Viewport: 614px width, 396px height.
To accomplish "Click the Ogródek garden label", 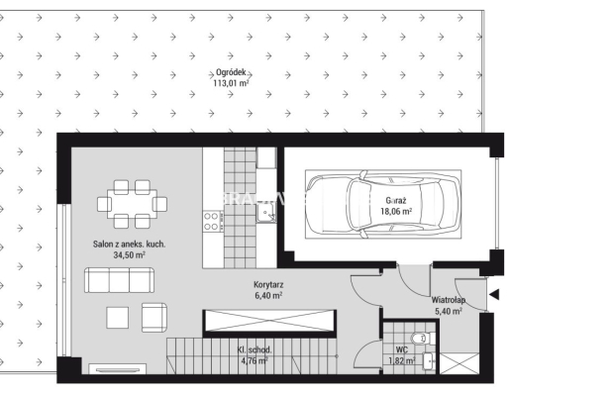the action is point(231,72).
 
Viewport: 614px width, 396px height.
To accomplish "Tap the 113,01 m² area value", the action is point(231,83).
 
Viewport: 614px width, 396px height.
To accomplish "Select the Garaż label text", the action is point(396,201).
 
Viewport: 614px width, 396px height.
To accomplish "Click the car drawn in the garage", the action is point(382,204).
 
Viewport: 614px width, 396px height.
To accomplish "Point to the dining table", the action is point(133,204).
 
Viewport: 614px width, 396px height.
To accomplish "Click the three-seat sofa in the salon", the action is point(119,280).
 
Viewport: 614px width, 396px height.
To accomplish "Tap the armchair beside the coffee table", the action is point(154,318).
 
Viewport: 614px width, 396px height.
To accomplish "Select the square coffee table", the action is point(118,318).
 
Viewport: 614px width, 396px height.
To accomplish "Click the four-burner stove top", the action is point(211,221).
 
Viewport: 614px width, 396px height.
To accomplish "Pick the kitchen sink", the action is point(266,213).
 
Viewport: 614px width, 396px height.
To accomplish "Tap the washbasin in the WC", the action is point(429,361).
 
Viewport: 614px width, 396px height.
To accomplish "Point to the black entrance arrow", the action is point(494,294).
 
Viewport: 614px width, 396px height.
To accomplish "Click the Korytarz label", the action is point(268,284).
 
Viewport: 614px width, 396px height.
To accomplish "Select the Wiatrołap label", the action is point(449,300).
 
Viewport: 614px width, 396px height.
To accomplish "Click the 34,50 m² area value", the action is point(129,255).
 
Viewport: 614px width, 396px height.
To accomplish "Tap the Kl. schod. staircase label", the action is point(255,349).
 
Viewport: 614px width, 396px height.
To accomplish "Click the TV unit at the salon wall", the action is point(118,368).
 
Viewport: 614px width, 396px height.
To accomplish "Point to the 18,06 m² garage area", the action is point(396,211).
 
